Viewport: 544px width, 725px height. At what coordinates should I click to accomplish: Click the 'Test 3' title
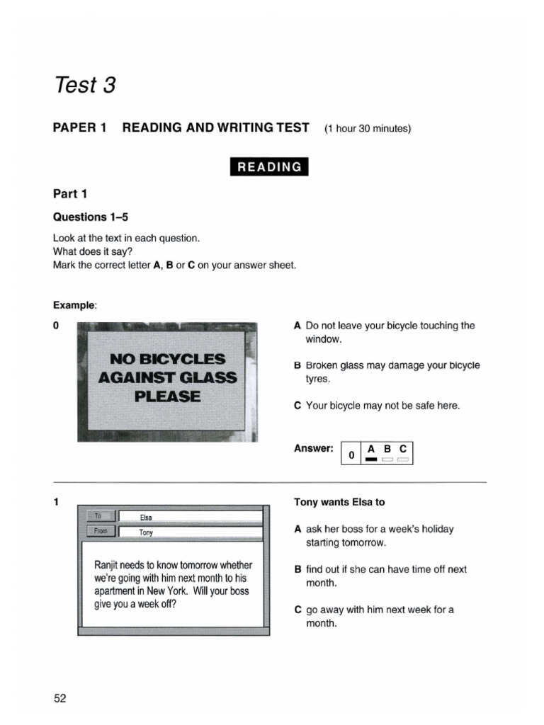pyautogui.click(x=84, y=86)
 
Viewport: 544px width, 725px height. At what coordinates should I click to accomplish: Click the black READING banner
pyautogui.click(x=269, y=167)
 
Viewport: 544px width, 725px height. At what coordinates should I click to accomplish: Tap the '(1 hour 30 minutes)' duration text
pyautogui.click(x=368, y=129)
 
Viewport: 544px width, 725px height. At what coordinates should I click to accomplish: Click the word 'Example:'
pyautogui.click(x=75, y=305)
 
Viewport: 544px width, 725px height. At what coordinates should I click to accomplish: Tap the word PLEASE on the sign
pyautogui.click(x=168, y=396)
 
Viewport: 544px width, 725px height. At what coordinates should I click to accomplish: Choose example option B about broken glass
pyautogui.click(x=387, y=372)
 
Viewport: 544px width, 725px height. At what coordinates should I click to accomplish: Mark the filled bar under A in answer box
pyautogui.click(x=371, y=459)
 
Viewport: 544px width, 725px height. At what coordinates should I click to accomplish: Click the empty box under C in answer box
pyautogui.click(x=403, y=459)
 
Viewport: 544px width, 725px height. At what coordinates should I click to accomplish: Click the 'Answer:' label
pyautogui.click(x=313, y=448)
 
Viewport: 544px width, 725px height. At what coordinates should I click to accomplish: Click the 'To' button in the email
pyautogui.click(x=100, y=516)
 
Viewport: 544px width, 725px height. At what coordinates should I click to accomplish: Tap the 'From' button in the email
pyautogui.click(x=100, y=530)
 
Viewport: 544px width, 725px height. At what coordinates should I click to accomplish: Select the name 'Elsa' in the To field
pyautogui.click(x=147, y=518)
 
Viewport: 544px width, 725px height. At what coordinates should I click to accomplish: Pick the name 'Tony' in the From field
pyautogui.click(x=146, y=532)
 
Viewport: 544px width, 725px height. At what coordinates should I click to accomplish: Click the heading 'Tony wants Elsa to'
pyautogui.click(x=339, y=502)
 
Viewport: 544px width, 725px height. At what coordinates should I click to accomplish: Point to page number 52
pyautogui.click(x=59, y=699)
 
